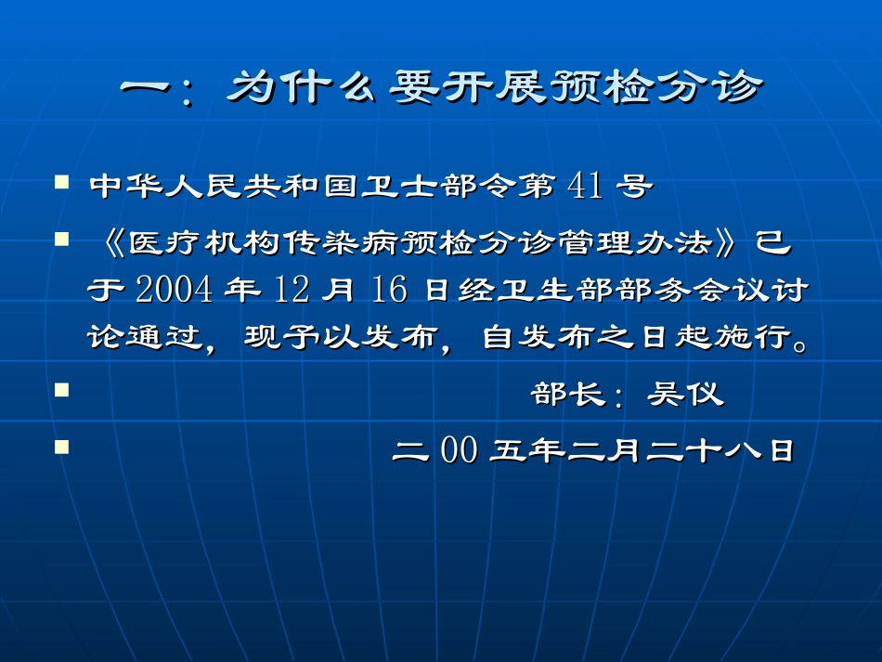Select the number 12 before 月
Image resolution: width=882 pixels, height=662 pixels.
click(292, 290)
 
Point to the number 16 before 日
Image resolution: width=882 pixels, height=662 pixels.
click(386, 290)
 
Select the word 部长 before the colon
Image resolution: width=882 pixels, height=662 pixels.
click(560, 395)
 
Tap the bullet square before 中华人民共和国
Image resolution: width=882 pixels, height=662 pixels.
click(62, 181)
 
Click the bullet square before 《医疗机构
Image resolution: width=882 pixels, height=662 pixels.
click(62, 239)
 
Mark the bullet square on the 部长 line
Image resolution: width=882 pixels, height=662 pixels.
click(62, 390)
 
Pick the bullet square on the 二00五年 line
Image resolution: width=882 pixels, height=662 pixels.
click(62, 447)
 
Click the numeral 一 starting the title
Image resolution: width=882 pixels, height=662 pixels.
click(149, 89)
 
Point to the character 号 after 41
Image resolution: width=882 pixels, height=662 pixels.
click(633, 187)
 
